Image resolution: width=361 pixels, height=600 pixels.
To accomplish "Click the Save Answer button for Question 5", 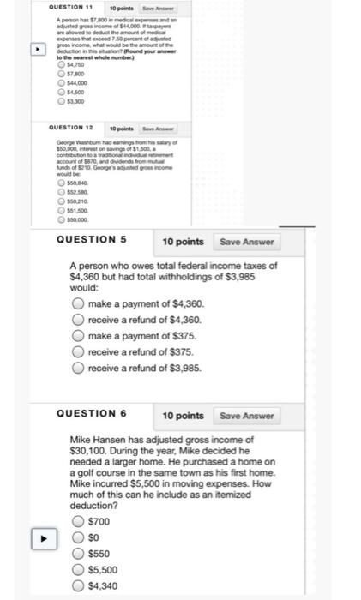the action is (x=246, y=242).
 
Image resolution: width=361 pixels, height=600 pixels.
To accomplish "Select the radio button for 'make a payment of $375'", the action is (x=78, y=336).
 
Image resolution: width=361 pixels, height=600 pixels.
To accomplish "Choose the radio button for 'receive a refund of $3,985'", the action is (x=78, y=368).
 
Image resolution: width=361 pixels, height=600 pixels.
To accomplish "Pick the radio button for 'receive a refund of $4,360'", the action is (x=78, y=320).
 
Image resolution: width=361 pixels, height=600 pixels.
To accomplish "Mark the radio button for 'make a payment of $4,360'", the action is (x=78, y=304).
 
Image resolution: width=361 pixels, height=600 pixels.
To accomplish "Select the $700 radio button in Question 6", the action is (x=78, y=521).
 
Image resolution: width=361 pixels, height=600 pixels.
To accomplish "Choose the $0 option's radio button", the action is (x=78, y=537).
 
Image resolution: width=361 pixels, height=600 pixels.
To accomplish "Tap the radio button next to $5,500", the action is (x=78, y=569).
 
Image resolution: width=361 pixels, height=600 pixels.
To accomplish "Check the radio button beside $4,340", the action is (x=78, y=585).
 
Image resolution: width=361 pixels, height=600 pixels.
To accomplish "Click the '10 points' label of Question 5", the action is (x=184, y=242).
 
